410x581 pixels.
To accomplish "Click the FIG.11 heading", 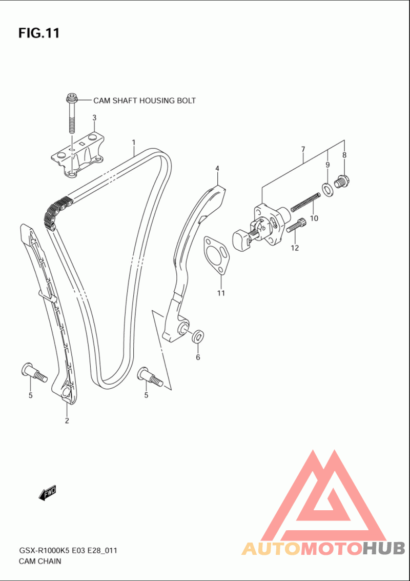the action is [39, 33].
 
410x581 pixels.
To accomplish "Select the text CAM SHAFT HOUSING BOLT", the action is [145, 101].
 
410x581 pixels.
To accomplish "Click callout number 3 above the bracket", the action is [94, 118].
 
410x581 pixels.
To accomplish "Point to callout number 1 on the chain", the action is [133, 142].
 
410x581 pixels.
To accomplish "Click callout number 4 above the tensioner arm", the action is [217, 169].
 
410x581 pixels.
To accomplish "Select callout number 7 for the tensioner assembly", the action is [303, 149].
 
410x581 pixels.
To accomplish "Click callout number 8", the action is [344, 155].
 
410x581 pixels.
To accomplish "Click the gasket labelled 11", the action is [217, 255].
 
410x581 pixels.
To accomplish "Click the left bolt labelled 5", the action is [34, 373].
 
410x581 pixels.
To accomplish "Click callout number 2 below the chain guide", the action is [67, 420].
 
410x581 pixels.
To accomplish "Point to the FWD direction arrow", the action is [48, 492].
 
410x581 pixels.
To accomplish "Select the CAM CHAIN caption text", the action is [39, 561].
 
